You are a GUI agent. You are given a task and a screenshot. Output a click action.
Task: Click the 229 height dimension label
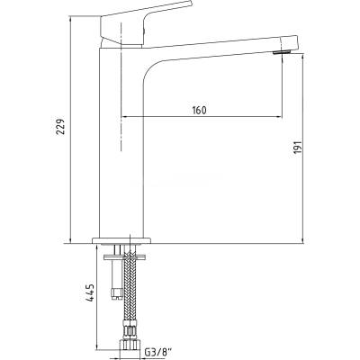[60, 127]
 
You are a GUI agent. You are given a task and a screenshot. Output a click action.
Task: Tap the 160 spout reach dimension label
[199, 110]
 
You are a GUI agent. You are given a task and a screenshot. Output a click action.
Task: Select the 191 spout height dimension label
[297, 148]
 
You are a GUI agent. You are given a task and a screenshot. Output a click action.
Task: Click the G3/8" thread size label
[159, 352]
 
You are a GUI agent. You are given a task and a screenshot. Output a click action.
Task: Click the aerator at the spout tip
[281, 53]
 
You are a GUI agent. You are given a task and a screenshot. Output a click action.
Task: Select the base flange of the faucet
[121, 240]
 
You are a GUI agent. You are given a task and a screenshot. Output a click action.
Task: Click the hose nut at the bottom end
[130, 344]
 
